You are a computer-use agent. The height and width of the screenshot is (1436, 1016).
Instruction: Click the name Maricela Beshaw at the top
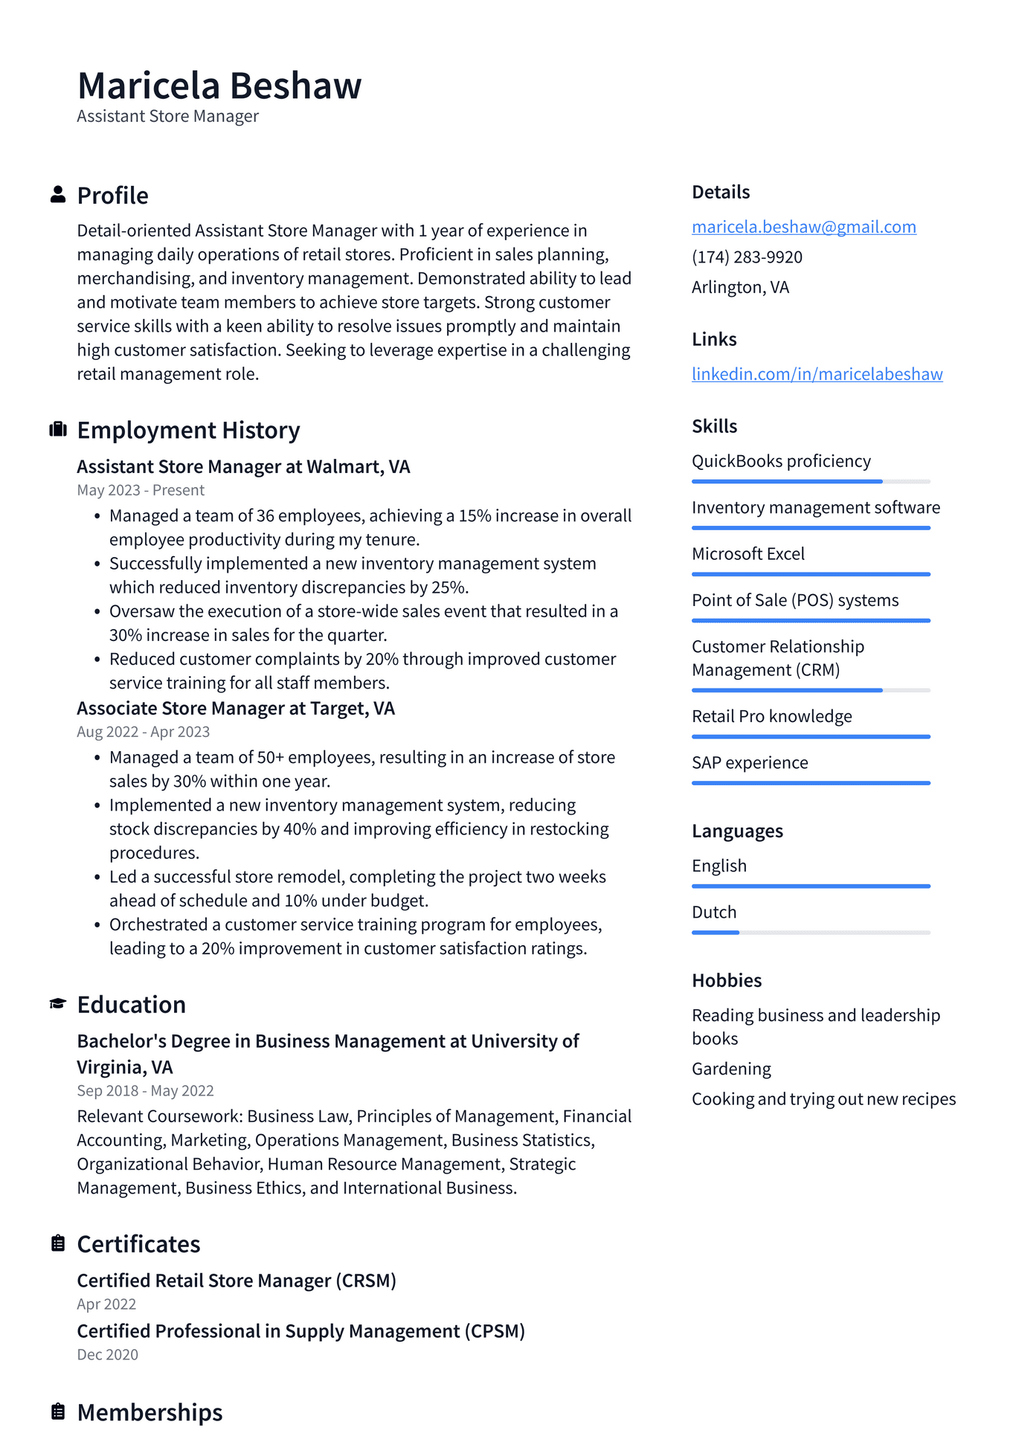(x=219, y=86)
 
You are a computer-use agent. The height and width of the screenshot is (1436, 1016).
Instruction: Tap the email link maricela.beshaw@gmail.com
(x=803, y=227)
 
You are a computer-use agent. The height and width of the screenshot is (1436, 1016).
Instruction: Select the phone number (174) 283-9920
(x=747, y=257)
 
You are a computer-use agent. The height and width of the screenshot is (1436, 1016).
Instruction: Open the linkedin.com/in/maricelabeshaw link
(x=817, y=374)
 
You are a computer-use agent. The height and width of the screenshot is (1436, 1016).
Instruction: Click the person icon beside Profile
(x=58, y=195)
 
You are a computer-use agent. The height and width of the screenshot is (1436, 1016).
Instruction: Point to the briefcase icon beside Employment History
(x=58, y=430)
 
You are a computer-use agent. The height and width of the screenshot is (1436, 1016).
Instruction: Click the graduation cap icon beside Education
(x=58, y=1004)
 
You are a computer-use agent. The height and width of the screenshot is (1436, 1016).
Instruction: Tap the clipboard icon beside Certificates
(x=58, y=1243)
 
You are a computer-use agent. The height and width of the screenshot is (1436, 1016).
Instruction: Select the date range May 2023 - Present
(x=141, y=490)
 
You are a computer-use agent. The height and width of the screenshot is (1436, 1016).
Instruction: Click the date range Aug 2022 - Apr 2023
(x=144, y=732)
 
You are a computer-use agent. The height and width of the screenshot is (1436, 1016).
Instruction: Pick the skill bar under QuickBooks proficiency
(x=811, y=482)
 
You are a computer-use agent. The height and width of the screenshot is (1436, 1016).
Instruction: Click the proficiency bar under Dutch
(x=811, y=933)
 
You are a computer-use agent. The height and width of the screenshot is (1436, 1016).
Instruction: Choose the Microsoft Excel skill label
(x=748, y=554)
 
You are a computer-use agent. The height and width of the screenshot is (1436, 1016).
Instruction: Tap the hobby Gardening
(x=731, y=1069)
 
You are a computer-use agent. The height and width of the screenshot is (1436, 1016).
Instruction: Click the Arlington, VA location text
(x=740, y=288)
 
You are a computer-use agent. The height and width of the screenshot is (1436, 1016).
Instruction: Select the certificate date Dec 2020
(x=108, y=1355)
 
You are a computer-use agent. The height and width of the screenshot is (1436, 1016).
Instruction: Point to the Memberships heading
(x=149, y=1412)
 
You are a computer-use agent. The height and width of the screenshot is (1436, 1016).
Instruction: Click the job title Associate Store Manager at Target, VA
(x=236, y=709)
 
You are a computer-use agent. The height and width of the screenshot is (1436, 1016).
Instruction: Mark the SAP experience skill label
(x=750, y=763)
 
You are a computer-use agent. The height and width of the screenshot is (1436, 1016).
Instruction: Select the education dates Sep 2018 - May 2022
(x=145, y=1091)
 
